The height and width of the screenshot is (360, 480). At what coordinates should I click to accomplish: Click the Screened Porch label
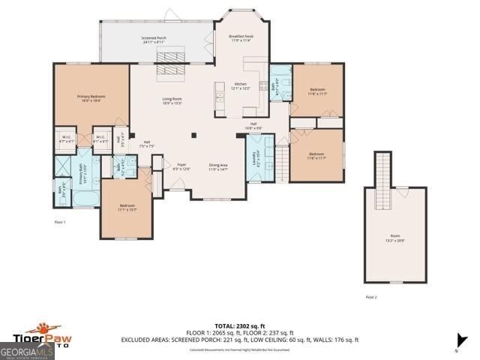pos(154,40)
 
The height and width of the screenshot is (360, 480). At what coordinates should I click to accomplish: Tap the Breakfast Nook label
pos(239,38)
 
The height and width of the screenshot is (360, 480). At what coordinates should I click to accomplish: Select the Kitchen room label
pos(240,85)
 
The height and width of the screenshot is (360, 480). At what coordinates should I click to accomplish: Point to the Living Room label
pos(173,101)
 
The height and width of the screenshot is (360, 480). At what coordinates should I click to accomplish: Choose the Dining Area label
pos(218,167)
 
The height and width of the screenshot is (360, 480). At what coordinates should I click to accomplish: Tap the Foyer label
pos(181,166)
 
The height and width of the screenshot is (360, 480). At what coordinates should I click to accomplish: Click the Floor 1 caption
pos(60,222)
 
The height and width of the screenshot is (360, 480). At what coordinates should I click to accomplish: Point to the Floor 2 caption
pos(370,297)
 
